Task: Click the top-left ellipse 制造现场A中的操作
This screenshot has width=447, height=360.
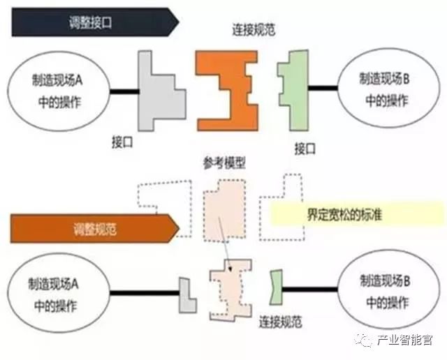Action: coord(57,90)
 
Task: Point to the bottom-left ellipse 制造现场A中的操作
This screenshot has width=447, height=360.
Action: coord(57,294)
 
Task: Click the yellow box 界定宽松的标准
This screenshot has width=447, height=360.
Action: coord(354,215)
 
